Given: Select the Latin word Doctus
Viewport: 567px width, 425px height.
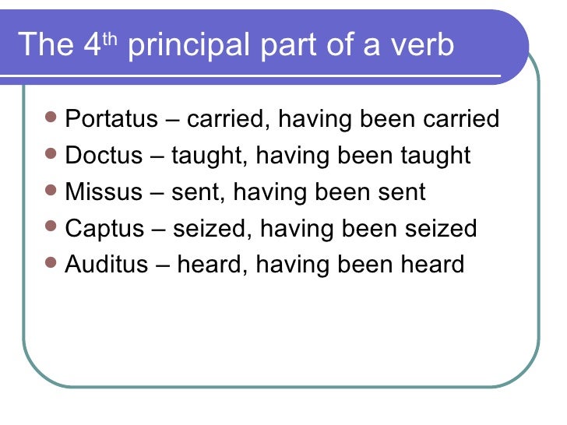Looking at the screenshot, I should pyautogui.click(x=104, y=156).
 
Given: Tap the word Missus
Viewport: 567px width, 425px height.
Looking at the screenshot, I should pyautogui.click(x=104, y=191).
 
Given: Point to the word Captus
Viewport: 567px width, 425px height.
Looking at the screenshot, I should pyautogui.click(x=105, y=228).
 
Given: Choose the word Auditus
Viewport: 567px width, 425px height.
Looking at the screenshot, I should pyautogui.click(x=107, y=264).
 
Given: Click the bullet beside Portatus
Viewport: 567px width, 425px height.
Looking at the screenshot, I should pyautogui.click(x=51, y=119).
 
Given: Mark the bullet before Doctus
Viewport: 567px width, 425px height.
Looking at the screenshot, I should pyautogui.click(x=51, y=155).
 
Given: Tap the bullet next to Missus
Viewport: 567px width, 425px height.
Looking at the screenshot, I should pyautogui.click(x=51, y=191).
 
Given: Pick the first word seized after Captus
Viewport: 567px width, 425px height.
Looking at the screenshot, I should pyautogui.click(x=208, y=228).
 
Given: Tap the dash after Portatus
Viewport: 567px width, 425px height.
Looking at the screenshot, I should pyautogui.click(x=171, y=121).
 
